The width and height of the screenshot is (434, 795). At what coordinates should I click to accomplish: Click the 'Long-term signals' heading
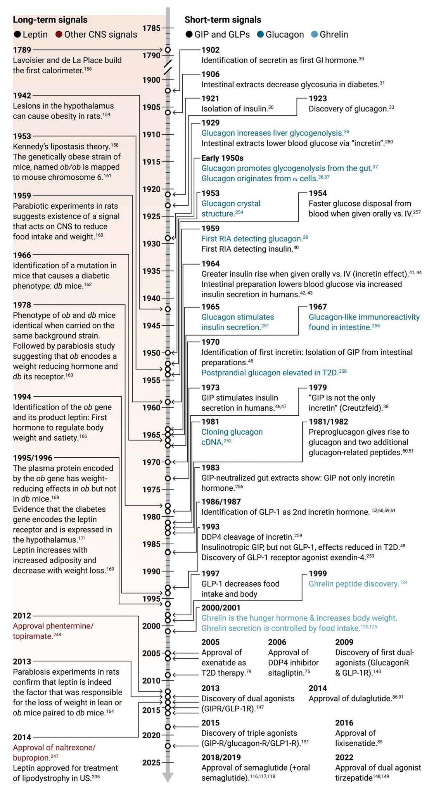(50, 20)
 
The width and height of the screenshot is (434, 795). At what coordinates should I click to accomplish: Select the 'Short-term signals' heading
(223, 20)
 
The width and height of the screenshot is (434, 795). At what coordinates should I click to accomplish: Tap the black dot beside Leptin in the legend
(17, 35)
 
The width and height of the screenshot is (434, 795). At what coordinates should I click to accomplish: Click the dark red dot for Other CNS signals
(59, 35)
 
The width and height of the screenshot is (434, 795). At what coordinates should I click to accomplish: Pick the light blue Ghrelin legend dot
(314, 35)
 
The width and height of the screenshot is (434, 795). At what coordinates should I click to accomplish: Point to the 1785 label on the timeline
(151, 28)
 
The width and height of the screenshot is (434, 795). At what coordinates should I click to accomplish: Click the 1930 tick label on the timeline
(151, 244)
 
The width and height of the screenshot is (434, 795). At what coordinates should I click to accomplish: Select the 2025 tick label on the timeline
(151, 762)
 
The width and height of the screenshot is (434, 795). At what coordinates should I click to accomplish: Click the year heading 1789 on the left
(22, 50)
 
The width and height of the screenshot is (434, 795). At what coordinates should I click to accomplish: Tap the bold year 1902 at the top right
(211, 50)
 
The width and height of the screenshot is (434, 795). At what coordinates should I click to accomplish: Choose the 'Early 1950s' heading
(222, 158)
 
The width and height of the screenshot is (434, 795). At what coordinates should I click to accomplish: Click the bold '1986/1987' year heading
(221, 502)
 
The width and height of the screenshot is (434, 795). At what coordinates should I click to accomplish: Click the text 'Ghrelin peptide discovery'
(354, 584)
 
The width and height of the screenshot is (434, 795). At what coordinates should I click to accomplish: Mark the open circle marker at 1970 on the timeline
(168, 462)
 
